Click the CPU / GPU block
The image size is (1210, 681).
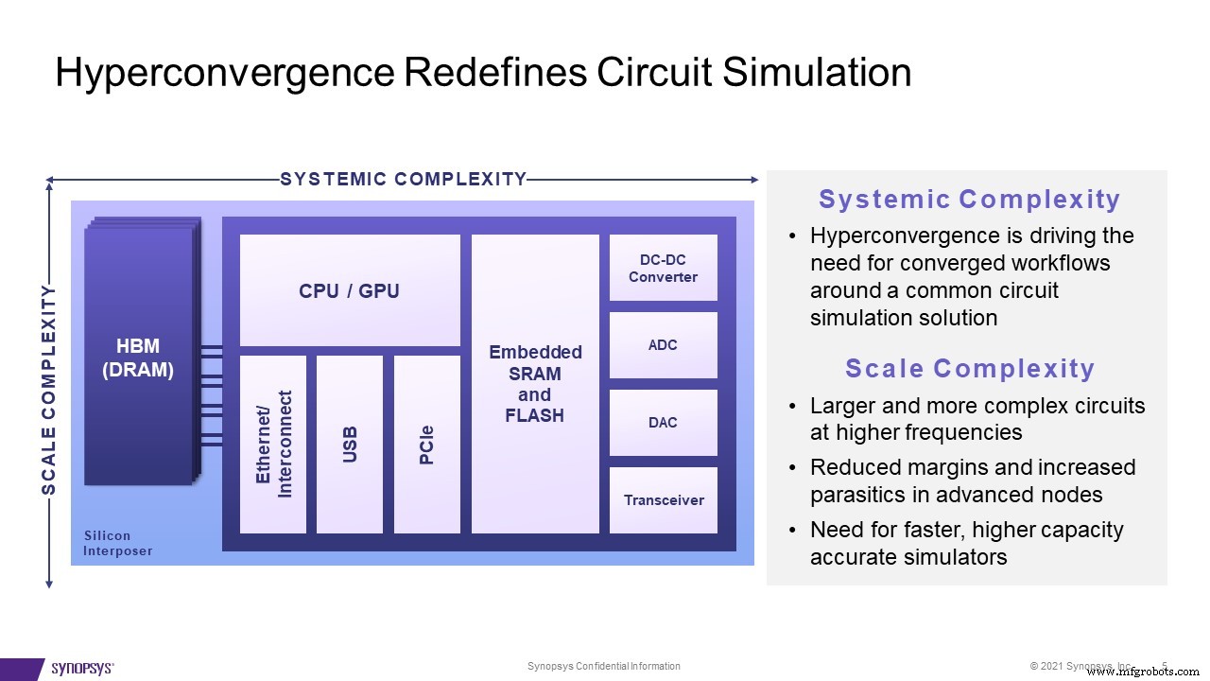(x=350, y=290)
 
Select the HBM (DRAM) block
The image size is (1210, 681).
(x=138, y=358)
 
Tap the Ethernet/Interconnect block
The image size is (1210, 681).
(x=273, y=444)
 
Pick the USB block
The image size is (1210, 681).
(x=350, y=444)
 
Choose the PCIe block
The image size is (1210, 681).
(x=426, y=444)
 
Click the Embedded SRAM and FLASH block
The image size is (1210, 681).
(x=535, y=383)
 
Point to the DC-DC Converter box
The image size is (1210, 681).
(x=663, y=268)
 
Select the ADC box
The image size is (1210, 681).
(x=663, y=345)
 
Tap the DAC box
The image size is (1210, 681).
(x=663, y=423)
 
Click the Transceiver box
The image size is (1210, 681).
(x=663, y=500)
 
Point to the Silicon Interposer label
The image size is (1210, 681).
(x=117, y=543)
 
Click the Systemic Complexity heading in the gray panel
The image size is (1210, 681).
(x=969, y=200)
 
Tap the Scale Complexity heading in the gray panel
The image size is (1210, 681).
(x=969, y=369)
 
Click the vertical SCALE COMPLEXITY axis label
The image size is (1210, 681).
(x=49, y=389)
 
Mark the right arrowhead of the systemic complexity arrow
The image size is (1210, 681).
(x=753, y=180)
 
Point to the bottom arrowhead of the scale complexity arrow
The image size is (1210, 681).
(x=49, y=584)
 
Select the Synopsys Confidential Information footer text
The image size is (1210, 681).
(x=603, y=667)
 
